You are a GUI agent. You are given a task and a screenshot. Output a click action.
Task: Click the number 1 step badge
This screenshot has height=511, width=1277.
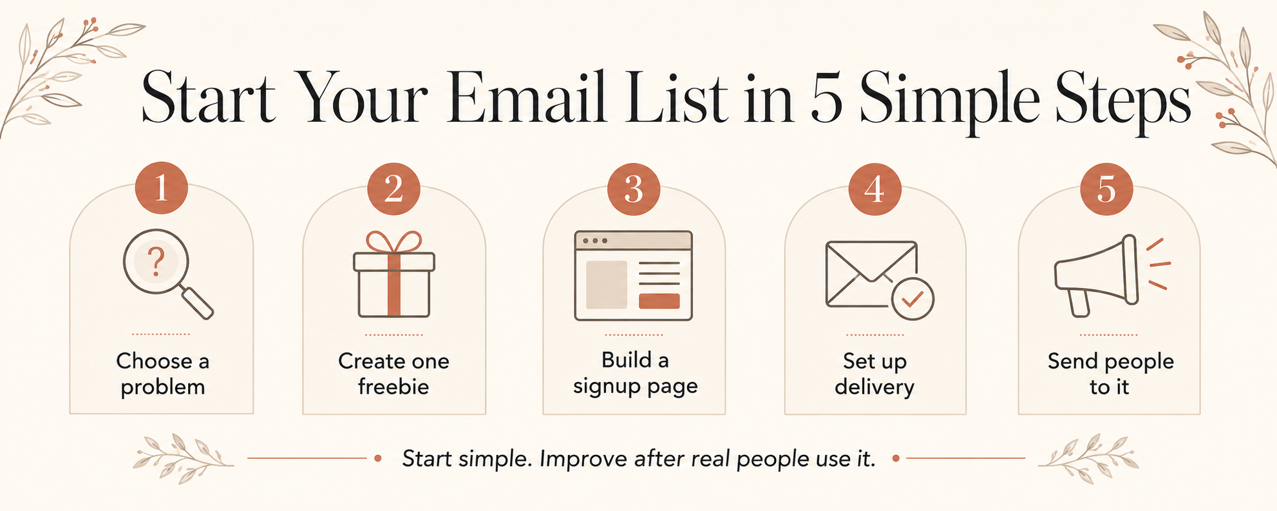[161, 188]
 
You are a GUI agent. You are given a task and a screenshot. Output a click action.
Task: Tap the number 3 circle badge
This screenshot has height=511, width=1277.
[634, 189]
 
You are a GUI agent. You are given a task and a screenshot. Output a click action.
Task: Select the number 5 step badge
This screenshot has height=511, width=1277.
[1106, 189]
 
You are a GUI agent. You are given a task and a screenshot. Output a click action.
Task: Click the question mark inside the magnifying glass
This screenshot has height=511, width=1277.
[156, 262]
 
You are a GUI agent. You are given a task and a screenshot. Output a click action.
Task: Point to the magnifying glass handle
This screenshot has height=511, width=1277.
[197, 303]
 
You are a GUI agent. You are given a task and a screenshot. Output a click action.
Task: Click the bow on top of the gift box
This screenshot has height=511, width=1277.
[393, 242]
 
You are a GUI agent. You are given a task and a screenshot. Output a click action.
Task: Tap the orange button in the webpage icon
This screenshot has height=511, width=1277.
[659, 301]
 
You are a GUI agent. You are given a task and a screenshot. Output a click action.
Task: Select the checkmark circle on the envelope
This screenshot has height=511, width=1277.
[913, 298]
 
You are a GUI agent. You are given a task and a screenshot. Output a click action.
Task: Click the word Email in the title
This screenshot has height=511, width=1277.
[526, 99]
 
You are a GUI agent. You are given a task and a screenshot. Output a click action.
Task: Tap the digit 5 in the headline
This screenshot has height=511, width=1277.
[826, 98]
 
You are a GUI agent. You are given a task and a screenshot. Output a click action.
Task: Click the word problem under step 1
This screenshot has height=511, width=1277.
[163, 388]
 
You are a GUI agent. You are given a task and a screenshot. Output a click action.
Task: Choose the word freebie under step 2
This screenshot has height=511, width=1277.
[393, 387]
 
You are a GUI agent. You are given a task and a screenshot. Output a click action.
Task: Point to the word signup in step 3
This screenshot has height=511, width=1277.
[604, 387]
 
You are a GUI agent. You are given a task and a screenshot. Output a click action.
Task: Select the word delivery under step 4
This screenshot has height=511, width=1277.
[875, 387]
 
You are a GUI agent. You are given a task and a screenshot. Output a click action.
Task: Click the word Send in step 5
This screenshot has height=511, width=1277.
[1074, 361]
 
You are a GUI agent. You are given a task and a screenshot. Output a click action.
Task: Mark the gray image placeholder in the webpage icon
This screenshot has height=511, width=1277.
[606, 285]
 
